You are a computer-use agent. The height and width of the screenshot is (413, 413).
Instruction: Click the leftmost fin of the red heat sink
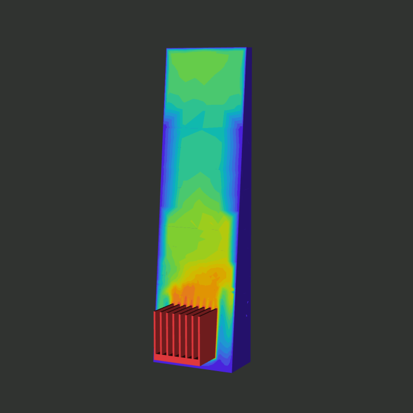[157, 333]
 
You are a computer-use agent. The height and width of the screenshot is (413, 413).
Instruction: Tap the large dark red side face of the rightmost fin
[208, 335]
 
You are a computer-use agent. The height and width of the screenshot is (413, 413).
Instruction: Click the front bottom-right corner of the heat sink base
[200, 366]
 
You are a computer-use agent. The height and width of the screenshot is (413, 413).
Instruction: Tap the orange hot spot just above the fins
[189, 292]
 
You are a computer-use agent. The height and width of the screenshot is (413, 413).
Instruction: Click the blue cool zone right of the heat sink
[224, 335]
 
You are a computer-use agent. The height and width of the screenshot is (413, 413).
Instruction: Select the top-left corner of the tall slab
[167, 49]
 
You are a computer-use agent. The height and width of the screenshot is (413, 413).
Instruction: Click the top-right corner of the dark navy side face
[251, 48]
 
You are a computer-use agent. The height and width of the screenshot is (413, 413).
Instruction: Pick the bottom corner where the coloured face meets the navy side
[232, 372]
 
